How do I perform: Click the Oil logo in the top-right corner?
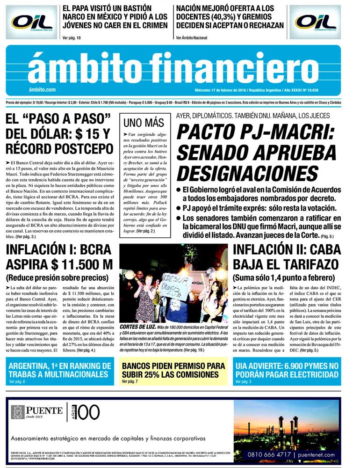tap(317, 22)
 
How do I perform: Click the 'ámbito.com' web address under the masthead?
tap(42, 90)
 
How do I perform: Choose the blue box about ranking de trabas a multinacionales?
tap(60, 371)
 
